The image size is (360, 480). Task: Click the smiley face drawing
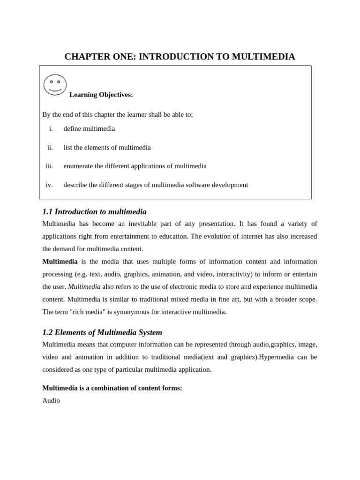coord(55,85)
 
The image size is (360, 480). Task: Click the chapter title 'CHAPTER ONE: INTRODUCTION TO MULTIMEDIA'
coord(180,57)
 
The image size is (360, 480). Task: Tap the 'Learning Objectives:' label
coord(101,95)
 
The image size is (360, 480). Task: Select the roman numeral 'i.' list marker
coord(51,128)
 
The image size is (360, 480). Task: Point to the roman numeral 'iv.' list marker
coord(49,185)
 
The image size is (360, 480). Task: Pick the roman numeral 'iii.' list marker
coord(49,166)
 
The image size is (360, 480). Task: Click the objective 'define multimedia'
coord(89,128)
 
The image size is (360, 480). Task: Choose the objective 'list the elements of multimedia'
coord(107,147)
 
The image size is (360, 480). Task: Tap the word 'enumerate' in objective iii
coord(78,166)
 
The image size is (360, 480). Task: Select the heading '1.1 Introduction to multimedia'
coord(94,211)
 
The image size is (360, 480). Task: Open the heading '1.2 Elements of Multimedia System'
coord(102,332)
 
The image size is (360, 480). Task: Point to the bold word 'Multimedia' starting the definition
coord(60,261)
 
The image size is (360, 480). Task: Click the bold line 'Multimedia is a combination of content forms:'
coord(112,388)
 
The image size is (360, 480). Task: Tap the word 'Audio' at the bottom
coord(51,401)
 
